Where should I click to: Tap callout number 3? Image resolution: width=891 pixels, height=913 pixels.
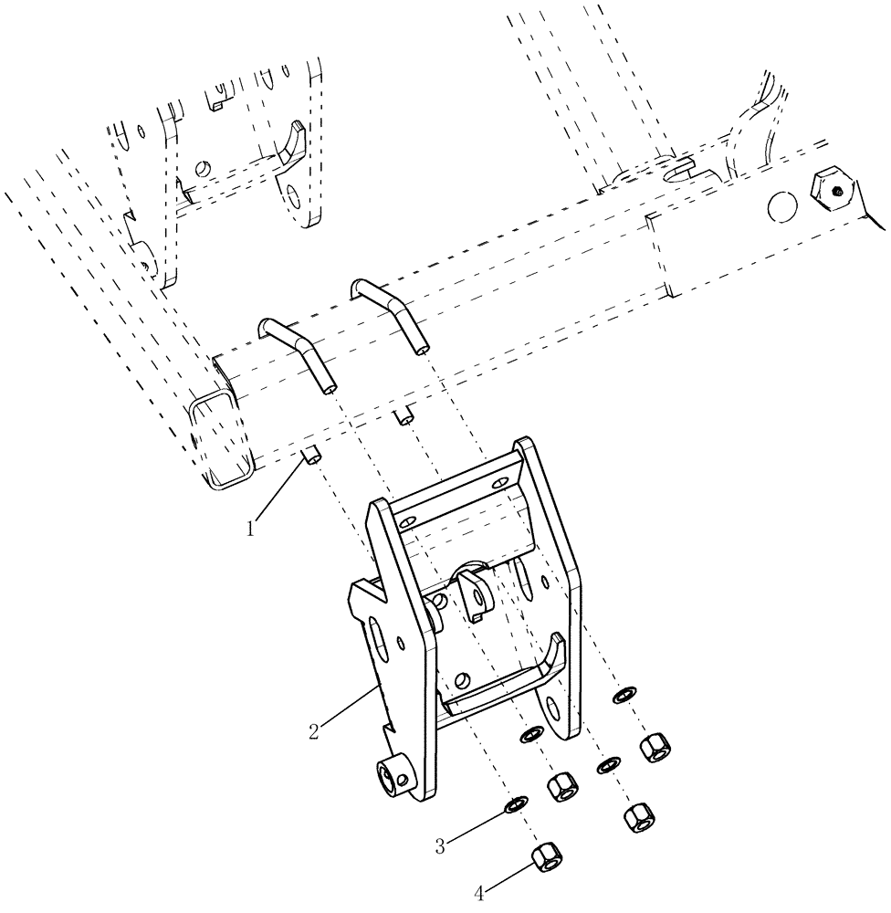(440, 845)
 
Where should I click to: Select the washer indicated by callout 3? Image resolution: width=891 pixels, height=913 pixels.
(516, 803)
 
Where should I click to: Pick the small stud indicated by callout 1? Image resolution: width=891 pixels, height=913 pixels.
(311, 455)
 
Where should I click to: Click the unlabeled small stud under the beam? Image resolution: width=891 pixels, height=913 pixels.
(404, 416)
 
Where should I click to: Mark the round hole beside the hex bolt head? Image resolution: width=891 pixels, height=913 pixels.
(781, 206)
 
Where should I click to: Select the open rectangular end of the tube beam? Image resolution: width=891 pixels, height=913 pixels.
(216, 436)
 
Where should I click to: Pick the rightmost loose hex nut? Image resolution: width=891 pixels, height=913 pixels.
(655, 748)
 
